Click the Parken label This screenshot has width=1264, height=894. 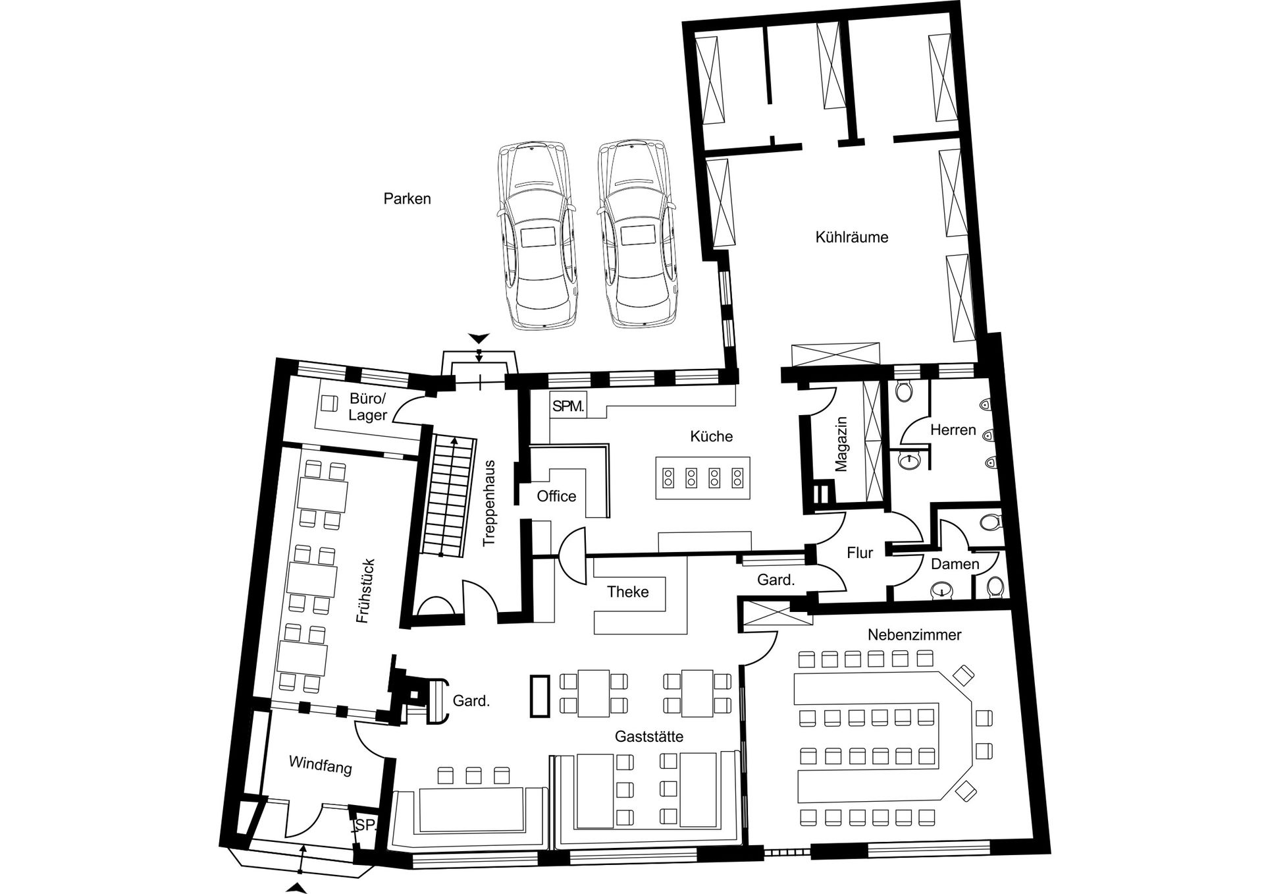[x=407, y=198]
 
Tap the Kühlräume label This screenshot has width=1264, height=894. [x=852, y=237]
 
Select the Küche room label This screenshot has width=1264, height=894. [x=712, y=436]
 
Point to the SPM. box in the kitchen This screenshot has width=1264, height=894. [x=567, y=406]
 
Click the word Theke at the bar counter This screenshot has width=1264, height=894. [x=628, y=592]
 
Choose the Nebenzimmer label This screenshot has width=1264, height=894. [x=914, y=635]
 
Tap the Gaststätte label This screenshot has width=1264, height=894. [x=649, y=737]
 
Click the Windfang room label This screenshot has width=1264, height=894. [x=321, y=766]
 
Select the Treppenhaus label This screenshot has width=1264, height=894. [x=488, y=503]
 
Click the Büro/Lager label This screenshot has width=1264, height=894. [x=368, y=406]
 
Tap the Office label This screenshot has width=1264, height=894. [x=556, y=496]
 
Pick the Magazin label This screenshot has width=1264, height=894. [x=841, y=444]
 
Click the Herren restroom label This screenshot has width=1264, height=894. [x=953, y=430]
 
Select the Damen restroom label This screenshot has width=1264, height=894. [x=955, y=564]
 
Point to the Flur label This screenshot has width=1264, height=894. [x=860, y=553]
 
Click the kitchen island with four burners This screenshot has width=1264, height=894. [x=702, y=478]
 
